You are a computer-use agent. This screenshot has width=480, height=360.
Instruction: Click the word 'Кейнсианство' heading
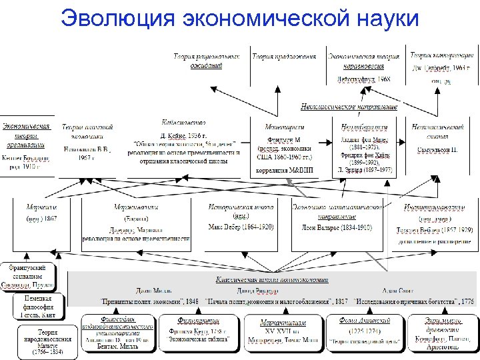click(x=183, y=123)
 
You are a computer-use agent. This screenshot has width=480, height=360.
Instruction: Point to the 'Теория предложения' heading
click(x=284, y=57)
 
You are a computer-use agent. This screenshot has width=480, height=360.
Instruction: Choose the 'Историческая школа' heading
click(x=241, y=207)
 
